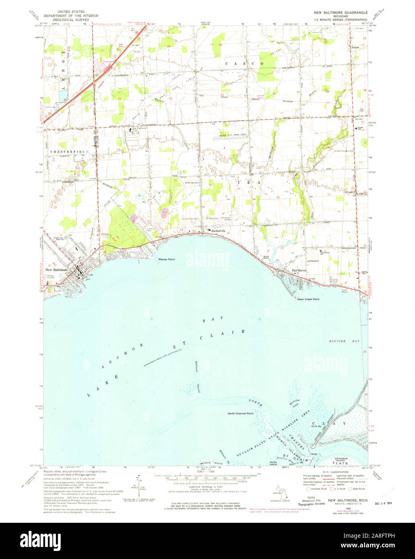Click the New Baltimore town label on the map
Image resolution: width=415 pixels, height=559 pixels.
[56, 269]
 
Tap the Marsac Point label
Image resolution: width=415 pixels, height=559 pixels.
[167, 259]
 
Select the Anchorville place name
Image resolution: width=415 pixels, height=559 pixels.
[218, 231]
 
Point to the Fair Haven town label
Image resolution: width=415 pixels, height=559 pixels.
[299, 270]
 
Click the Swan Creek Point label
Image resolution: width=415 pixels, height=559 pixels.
[308, 299]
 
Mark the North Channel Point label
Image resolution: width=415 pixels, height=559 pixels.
[240, 413]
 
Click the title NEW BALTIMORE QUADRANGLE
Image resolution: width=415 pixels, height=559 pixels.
[341, 13]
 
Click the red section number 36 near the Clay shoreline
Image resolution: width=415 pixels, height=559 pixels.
[366, 395]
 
